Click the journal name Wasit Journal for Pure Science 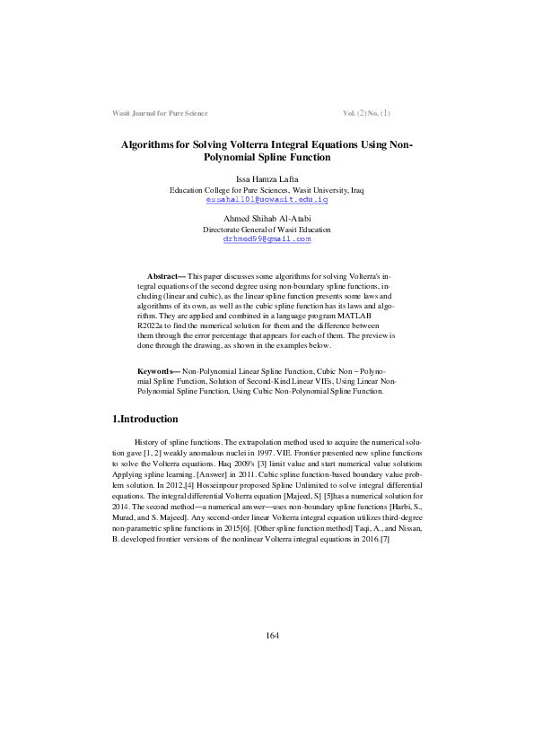(x=159, y=114)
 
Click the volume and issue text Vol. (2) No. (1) (x=366, y=114)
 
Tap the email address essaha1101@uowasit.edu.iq (x=267, y=199)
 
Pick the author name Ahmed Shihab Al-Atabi (x=267, y=219)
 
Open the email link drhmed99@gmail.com (x=267, y=239)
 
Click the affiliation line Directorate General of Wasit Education (x=267, y=230)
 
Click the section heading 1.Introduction (x=144, y=420)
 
